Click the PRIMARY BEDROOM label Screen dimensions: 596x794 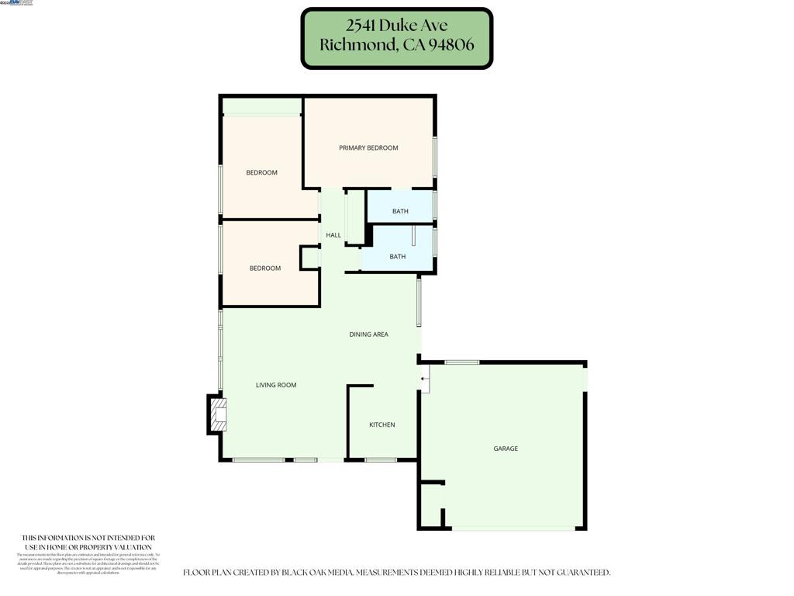368,147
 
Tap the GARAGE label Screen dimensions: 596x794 506,449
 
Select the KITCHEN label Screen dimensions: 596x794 381,424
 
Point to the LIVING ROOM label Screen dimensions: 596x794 276,385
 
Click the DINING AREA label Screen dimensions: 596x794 368,334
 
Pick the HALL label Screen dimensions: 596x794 333,235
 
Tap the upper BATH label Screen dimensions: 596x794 400,211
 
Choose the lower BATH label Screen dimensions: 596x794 397,257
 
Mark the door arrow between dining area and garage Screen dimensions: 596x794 423,379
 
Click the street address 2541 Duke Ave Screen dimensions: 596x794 397,26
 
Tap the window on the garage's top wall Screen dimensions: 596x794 461,362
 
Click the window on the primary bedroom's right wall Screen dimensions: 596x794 435,157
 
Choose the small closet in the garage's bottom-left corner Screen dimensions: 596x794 430,506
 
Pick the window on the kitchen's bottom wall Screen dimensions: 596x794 381,460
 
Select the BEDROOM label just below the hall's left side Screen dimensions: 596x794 265,269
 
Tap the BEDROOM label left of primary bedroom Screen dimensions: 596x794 261,172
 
